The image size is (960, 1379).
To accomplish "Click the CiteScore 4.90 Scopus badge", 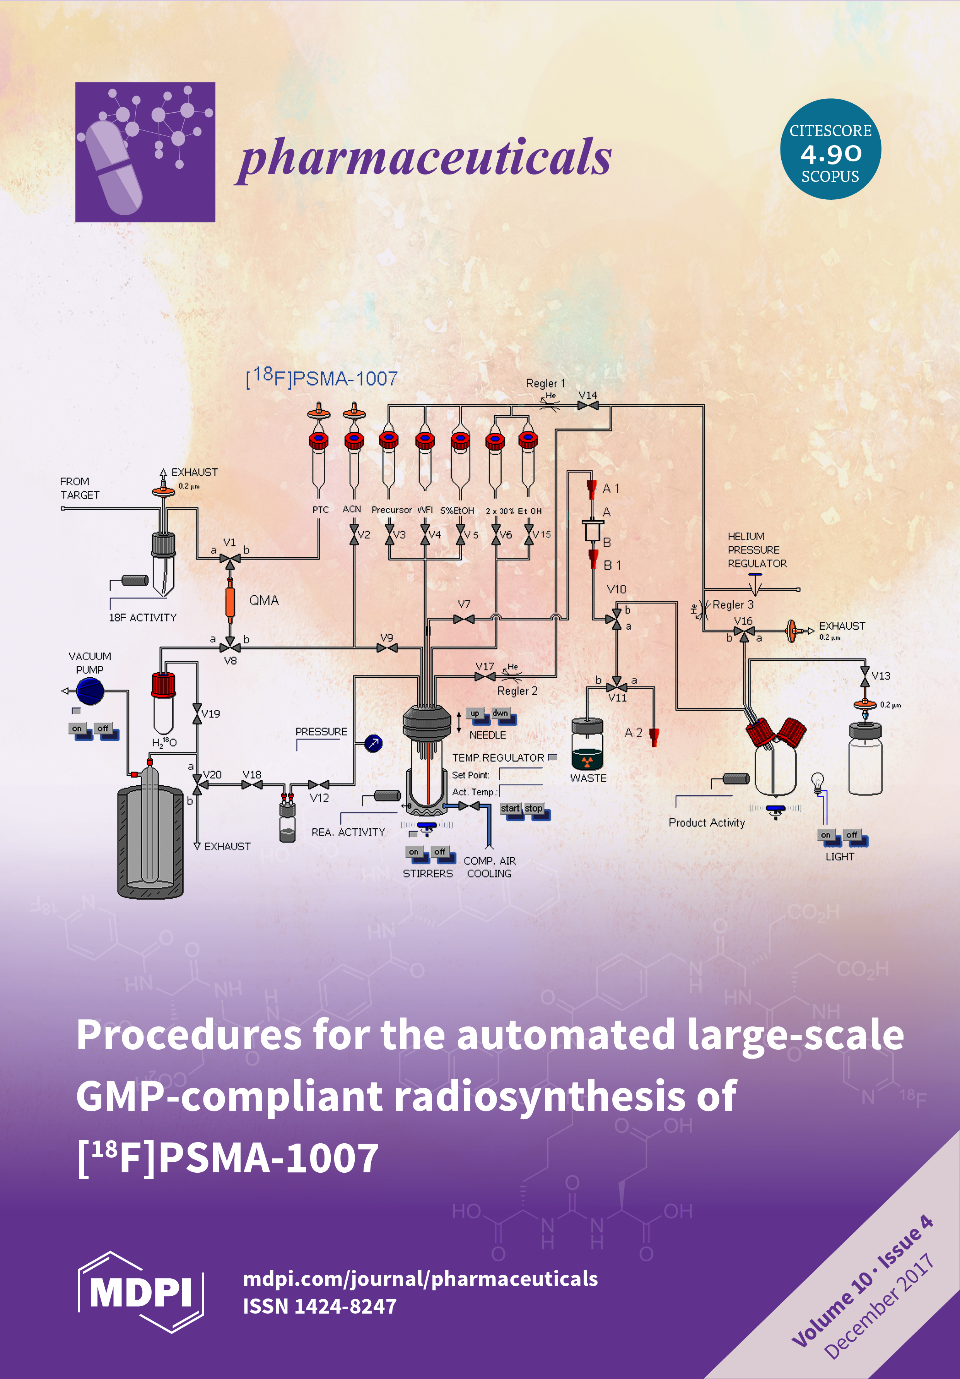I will (830, 149).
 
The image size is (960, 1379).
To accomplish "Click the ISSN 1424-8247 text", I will (319, 1306).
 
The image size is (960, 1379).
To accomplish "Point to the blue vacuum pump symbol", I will (90, 691).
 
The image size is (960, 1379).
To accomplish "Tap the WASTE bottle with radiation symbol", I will (587, 745).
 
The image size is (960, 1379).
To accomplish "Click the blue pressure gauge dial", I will (373, 743).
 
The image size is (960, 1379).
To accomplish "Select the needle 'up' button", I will (475, 714).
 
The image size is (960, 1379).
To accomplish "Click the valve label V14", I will (588, 395).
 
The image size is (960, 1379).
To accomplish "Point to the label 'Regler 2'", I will (517, 691).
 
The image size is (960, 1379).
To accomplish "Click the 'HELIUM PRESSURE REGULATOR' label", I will (757, 550).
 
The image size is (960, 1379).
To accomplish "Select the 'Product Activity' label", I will (707, 823).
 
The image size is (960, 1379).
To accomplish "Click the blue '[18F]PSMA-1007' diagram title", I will (322, 377).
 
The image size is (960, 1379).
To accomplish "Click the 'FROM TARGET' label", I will (79, 488).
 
